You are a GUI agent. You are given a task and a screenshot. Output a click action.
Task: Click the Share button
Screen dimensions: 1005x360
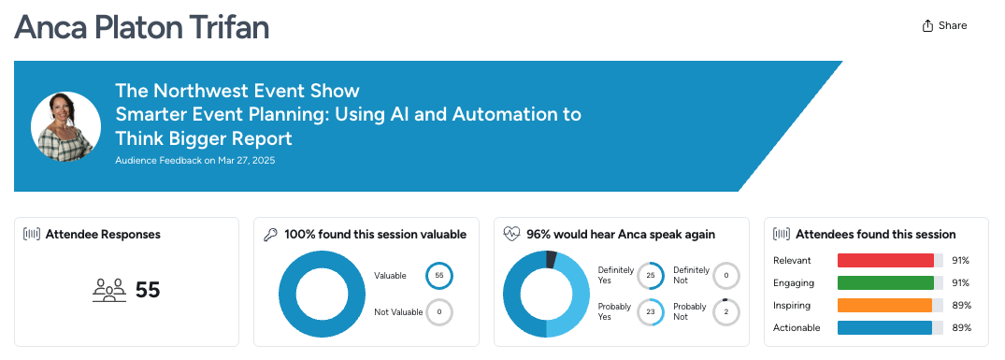coord(944,25)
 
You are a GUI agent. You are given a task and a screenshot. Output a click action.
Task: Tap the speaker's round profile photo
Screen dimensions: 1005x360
coord(66,126)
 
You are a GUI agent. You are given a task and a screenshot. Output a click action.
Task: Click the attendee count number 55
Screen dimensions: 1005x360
coord(148,290)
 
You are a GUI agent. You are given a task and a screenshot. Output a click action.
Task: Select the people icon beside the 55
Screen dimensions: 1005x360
coord(109,290)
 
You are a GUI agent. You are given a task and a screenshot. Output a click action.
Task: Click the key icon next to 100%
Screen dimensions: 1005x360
coord(270,235)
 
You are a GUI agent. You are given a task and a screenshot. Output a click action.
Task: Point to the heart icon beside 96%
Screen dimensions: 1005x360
coord(511,235)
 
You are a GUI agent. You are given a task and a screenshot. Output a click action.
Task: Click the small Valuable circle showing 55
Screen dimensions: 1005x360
coord(439,276)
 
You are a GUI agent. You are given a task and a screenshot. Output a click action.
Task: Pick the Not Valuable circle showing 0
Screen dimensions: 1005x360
coord(439,312)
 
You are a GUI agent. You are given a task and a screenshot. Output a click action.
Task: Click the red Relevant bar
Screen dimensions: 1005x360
coord(885,260)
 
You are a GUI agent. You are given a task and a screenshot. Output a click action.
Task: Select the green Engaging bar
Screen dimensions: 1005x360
coord(885,282)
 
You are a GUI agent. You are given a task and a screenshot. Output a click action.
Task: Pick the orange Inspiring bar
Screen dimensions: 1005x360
coord(884,305)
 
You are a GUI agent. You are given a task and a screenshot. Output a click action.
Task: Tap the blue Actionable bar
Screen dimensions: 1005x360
coord(884,327)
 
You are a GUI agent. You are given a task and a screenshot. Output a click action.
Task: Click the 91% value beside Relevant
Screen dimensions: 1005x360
coord(961,260)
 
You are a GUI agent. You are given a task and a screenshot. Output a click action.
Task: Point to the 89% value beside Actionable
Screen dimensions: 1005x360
coord(961,327)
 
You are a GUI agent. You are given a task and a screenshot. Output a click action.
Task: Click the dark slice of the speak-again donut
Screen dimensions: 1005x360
coord(551,259)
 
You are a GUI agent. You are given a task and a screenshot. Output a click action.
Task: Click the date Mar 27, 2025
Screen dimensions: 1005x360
coord(246,161)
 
